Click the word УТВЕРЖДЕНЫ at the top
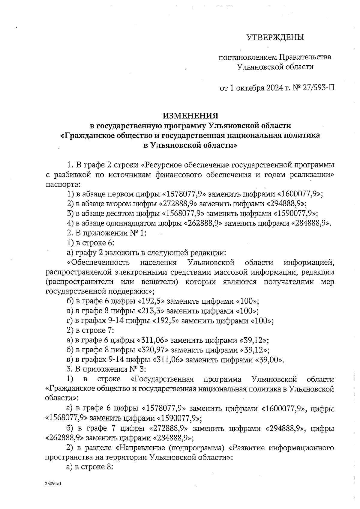(275, 37)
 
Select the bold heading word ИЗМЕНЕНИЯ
(190, 116)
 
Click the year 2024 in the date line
(274, 88)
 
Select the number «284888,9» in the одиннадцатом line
(311, 223)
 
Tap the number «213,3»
(153, 311)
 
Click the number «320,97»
(153, 350)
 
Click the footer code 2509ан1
(53, 484)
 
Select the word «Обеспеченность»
(98, 263)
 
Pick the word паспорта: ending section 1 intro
(63, 184)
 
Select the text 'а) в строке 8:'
(89, 467)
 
